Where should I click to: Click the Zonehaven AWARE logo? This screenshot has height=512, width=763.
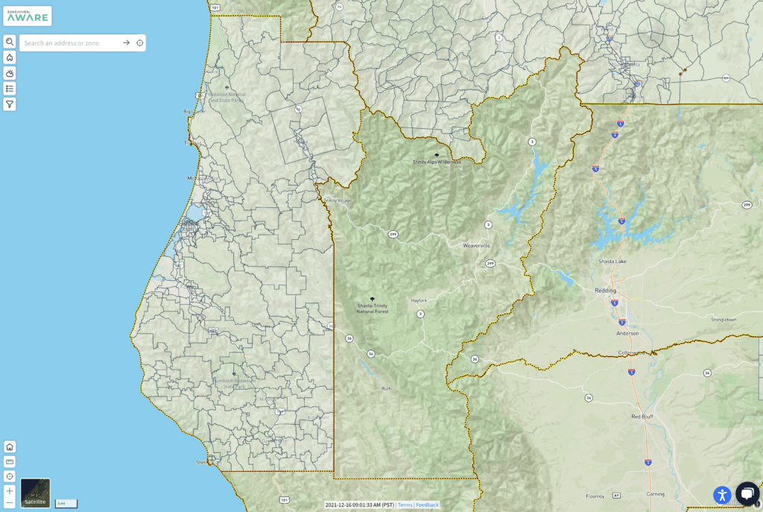(x=28, y=15)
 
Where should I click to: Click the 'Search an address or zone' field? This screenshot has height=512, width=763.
(x=71, y=43)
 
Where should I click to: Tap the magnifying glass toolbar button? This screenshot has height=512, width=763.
(x=10, y=42)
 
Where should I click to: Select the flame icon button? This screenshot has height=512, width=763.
(x=10, y=57)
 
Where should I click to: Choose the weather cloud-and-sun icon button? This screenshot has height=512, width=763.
(x=10, y=73)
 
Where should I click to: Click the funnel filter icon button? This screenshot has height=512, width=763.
(x=10, y=104)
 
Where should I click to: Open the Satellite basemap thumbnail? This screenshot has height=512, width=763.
(x=36, y=493)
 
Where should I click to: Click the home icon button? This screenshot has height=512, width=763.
(x=10, y=446)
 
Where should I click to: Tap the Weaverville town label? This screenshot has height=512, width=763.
(x=476, y=245)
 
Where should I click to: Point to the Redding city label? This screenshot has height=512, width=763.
(x=606, y=290)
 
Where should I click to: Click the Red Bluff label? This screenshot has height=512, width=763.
(x=642, y=417)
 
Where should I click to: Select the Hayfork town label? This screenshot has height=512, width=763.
(x=419, y=300)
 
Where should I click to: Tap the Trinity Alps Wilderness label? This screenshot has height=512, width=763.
(x=437, y=162)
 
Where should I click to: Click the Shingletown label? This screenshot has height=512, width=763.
(x=724, y=319)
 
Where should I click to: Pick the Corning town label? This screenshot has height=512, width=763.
(x=656, y=493)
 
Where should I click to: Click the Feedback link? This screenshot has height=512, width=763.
(x=427, y=505)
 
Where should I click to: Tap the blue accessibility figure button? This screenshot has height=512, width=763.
(x=722, y=494)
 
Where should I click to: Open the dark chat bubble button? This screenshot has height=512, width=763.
(x=747, y=493)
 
